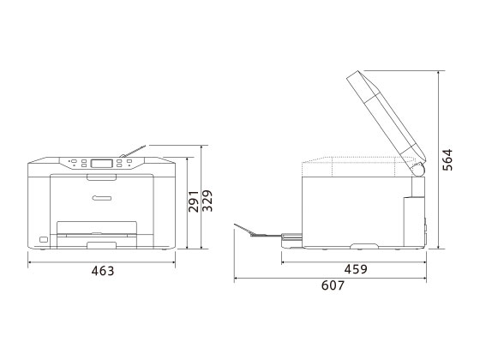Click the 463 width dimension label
103,271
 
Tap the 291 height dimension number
194,201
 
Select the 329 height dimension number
207,201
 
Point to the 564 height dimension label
447,159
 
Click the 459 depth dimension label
356,269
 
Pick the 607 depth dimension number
333,285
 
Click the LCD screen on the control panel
102,163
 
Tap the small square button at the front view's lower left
44,239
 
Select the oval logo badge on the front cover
102,198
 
